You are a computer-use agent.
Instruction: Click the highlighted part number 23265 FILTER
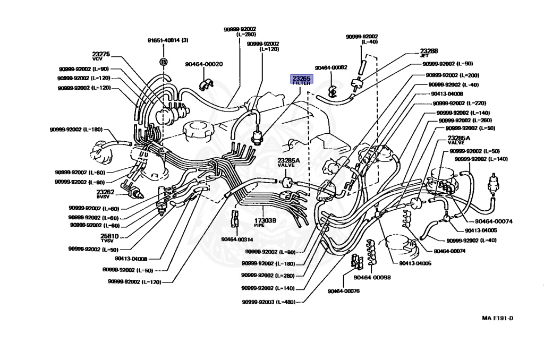coord(301,80)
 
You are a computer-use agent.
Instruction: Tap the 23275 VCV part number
coord(101,55)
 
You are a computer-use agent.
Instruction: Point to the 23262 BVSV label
coord(105,193)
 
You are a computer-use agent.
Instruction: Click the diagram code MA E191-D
coord(497,319)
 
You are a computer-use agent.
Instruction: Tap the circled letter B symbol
coord(164,62)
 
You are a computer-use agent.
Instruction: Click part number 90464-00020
coord(204,64)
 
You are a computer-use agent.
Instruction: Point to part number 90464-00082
coord(330,67)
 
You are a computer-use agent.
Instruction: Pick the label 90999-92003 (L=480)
coord(267,301)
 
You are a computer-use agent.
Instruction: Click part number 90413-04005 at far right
coord(481,230)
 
